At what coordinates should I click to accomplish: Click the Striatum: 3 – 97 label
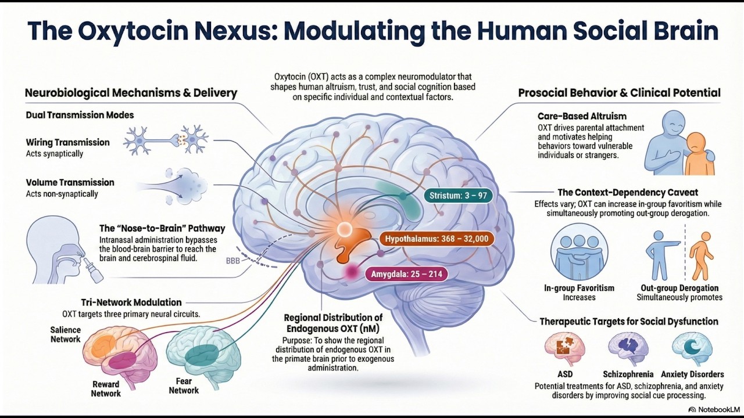click(457, 195)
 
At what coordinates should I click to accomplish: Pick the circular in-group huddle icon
click(579, 252)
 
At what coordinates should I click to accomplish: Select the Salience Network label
click(65, 334)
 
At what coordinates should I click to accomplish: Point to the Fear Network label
click(184, 386)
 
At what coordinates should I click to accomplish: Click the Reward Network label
click(106, 388)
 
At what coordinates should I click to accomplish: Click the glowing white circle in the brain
click(344, 230)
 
